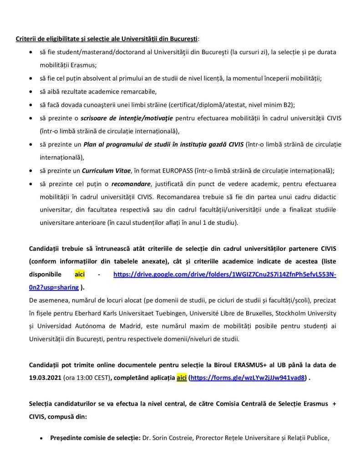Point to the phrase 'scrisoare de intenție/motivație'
pyautogui.click(x=127, y=118)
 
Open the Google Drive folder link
pyautogui.click(x=224, y=275)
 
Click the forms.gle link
pyautogui.click(x=248, y=378)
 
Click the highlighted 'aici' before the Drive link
pyautogui.click(x=80, y=275)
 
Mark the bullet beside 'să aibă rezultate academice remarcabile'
pyautogui.click(x=30, y=91)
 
